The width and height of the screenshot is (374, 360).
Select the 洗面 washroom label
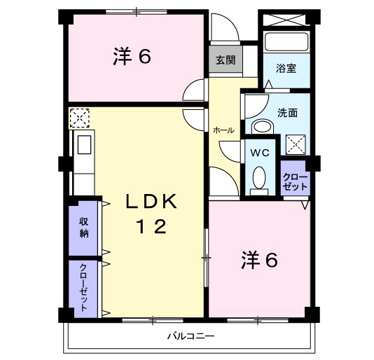tap(287, 111)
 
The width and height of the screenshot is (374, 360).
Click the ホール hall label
tap(223, 131)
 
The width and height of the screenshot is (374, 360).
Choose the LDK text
tap(151, 202)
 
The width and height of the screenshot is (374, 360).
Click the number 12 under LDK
tap(151, 228)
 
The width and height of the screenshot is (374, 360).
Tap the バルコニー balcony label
tap(190, 336)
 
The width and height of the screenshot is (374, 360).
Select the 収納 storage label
tap(84, 228)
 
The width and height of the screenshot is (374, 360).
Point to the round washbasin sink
tap(263, 127)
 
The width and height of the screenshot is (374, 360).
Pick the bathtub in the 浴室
tap(287, 41)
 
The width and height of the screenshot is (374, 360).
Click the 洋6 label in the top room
tap(132, 57)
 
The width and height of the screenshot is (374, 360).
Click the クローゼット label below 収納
tap(84, 286)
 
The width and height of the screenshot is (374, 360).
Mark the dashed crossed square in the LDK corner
tap(79, 117)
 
